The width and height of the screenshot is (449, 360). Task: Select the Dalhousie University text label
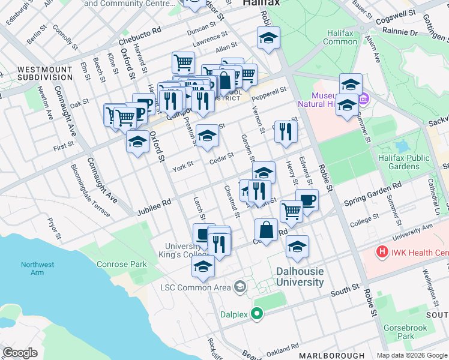300,276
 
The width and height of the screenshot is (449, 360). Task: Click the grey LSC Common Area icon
240,287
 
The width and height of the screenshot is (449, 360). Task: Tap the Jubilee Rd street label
154,207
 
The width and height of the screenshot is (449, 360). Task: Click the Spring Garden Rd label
372,196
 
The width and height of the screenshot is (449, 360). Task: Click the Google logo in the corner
20,353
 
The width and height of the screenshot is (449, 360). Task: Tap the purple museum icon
363,98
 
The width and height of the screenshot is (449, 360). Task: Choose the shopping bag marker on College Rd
266,229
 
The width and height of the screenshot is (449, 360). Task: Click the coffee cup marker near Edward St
307,200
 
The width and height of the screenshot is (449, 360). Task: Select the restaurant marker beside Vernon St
286,131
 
